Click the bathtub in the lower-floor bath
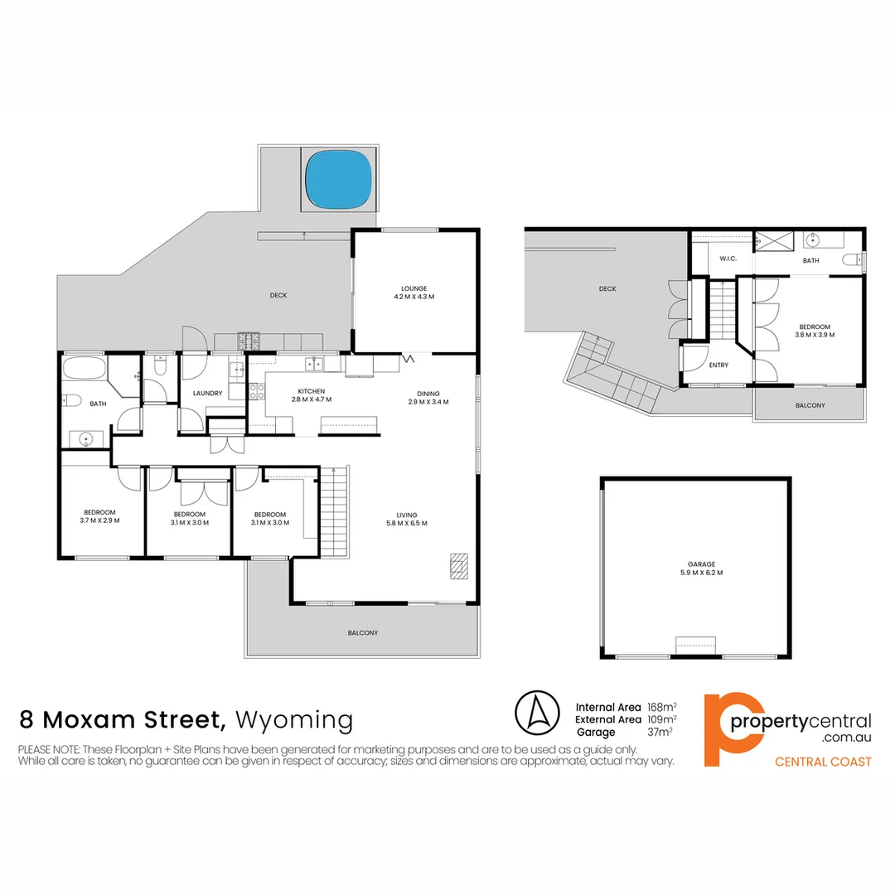[84, 369]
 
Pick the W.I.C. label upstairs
[728, 259]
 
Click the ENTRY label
[718, 365]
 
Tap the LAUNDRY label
[206, 394]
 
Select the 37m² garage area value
[659, 733]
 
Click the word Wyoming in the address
[294, 719]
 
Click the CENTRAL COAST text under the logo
[822, 762]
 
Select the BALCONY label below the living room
[362, 632]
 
